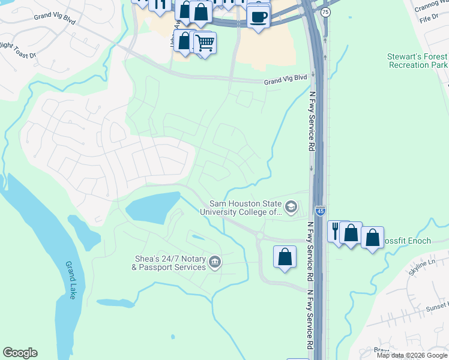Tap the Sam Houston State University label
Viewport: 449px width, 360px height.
[x=245, y=208]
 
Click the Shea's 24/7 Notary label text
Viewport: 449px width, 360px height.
[x=170, y=263]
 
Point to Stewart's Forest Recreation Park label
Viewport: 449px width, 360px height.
[x=417, y=60]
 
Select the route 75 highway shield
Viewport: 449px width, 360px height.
[x=325, y=12]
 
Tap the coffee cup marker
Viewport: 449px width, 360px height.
[x=258, y=17]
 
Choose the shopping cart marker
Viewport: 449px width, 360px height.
[x=205, y=43]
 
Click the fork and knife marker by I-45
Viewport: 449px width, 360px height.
[x=337, y=231]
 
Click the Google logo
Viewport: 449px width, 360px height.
[x=20, y=353]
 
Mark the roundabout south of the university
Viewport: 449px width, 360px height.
[x=261, y=236]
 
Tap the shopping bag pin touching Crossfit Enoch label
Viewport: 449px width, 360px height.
[x=372, y=238]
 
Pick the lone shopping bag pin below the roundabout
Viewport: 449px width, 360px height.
[x=285, y=257]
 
